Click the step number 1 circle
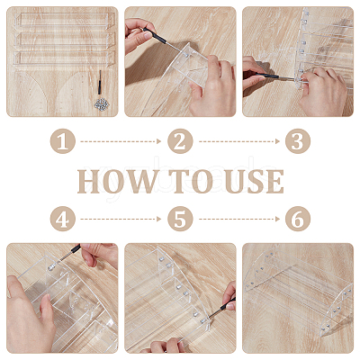pyautogui.click(x=63, y=141)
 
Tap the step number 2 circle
pyautogui.click(x=180, y=141)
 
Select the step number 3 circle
pyautogui.click(x=298, y=141)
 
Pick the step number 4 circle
pyautogui.click(x=63, y=219)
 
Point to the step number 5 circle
pyautogui.click(x=180, y=219)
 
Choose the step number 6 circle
pyautogui.click(x=298, y=219)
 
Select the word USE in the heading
pyautogui.click(x=255, y=182)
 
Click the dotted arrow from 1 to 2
pyautogui.click(x=121, y=141)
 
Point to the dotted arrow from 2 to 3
pyautogui.click(x=239, y=141)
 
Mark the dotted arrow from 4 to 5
pyautogui.click(x=121, y=219)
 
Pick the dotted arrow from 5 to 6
pyautogui.click(x=239, y=219)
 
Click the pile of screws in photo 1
pyautogui.click(x=102, y=104)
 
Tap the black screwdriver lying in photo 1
pyautogui.click(x=99, y=83)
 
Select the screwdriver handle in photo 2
pyautogui.click(x=155, y=36)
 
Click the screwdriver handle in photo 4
pyautogui.click(x=73, y=250)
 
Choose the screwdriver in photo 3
pyautogui.click(x=269, y=76)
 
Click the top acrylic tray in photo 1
pyautogui.click(x=65, y=21)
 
